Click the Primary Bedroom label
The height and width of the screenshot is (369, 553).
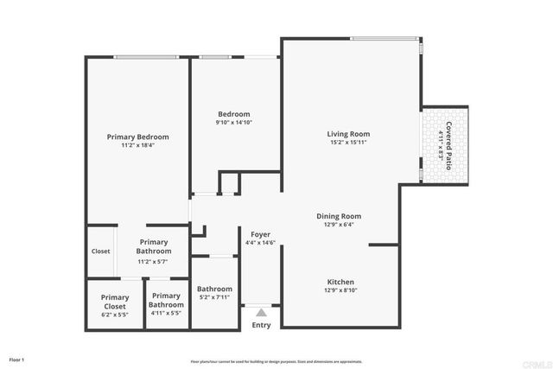[x=137, y=137]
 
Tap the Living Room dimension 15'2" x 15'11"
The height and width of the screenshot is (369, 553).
[x=348, y=143]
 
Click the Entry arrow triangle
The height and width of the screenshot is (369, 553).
[x=261, y=312]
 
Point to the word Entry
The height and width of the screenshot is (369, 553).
[x=261, y=325]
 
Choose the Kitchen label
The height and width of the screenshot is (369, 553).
[x=340, y=282]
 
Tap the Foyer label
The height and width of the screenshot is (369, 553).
[x=261, y=234]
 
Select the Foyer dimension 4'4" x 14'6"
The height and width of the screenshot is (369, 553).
[x=261, y=243]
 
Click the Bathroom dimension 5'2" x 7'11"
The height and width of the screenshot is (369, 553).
[x=214, y=297]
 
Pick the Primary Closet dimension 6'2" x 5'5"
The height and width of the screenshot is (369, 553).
[x=114, y=315]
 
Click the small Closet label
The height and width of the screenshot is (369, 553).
[x=101, y=251]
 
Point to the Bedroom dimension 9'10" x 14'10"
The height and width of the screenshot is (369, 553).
[x=234, y=123]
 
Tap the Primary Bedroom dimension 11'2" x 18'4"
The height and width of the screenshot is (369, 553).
[x=137, y=145]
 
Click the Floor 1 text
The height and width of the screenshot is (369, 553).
[x=17, y=359]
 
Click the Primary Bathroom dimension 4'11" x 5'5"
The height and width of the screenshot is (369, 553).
[x=166, y=313]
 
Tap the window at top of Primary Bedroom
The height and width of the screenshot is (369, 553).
[x=148, y=58]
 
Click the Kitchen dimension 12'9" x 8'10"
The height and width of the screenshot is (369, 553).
[x=340, y=291]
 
